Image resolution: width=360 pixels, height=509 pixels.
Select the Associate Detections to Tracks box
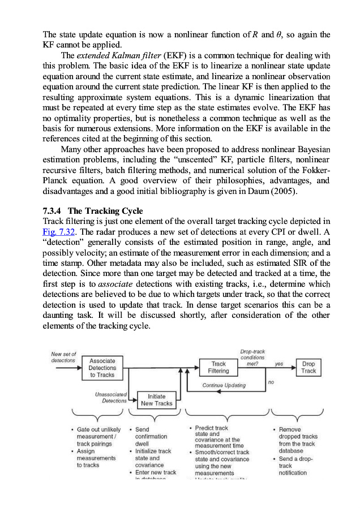(x=102, y=368)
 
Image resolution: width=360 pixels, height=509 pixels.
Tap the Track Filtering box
(x=218, y=367)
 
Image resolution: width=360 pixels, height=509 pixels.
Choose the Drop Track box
(x=308, y=367)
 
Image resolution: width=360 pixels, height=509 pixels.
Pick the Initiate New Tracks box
(x=157, y=400)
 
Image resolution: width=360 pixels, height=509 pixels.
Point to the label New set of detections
(x=63, y=357)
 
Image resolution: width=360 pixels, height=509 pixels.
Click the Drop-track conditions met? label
(x=252, y=358)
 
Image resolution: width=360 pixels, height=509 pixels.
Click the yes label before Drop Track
(x=279, y=364)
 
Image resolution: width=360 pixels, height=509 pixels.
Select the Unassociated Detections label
(x=111, y=397)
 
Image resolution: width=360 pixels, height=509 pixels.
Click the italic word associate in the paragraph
(x=115, y=284)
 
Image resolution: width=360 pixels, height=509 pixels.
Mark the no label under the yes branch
(x=271, y=382)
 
